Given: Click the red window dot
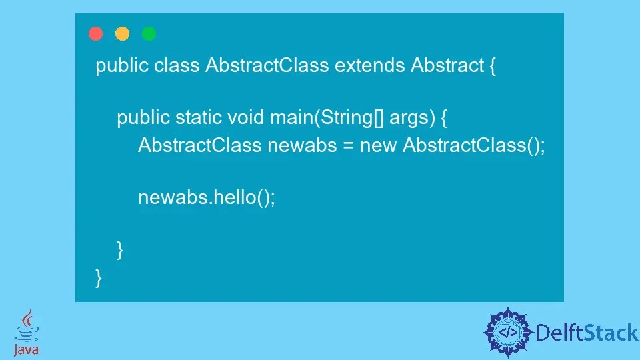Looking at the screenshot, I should tap(96, 33).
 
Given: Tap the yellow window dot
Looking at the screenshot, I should tap(123, 33).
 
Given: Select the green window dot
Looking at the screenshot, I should tap(149, 33).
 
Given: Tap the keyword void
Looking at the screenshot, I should tap(246, 118).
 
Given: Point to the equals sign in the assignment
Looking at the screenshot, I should tap(348, 146).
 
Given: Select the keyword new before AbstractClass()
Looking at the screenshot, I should tap(379, 146).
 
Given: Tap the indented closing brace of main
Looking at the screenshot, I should tap(120, 250).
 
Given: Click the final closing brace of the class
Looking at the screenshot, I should tap(99, 277).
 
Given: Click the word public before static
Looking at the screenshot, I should tap(143, 119).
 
